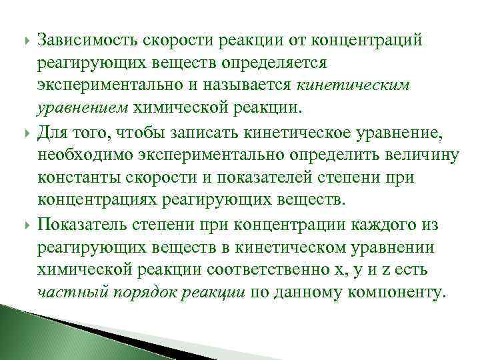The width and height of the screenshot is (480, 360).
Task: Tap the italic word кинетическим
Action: click(353, 85)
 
